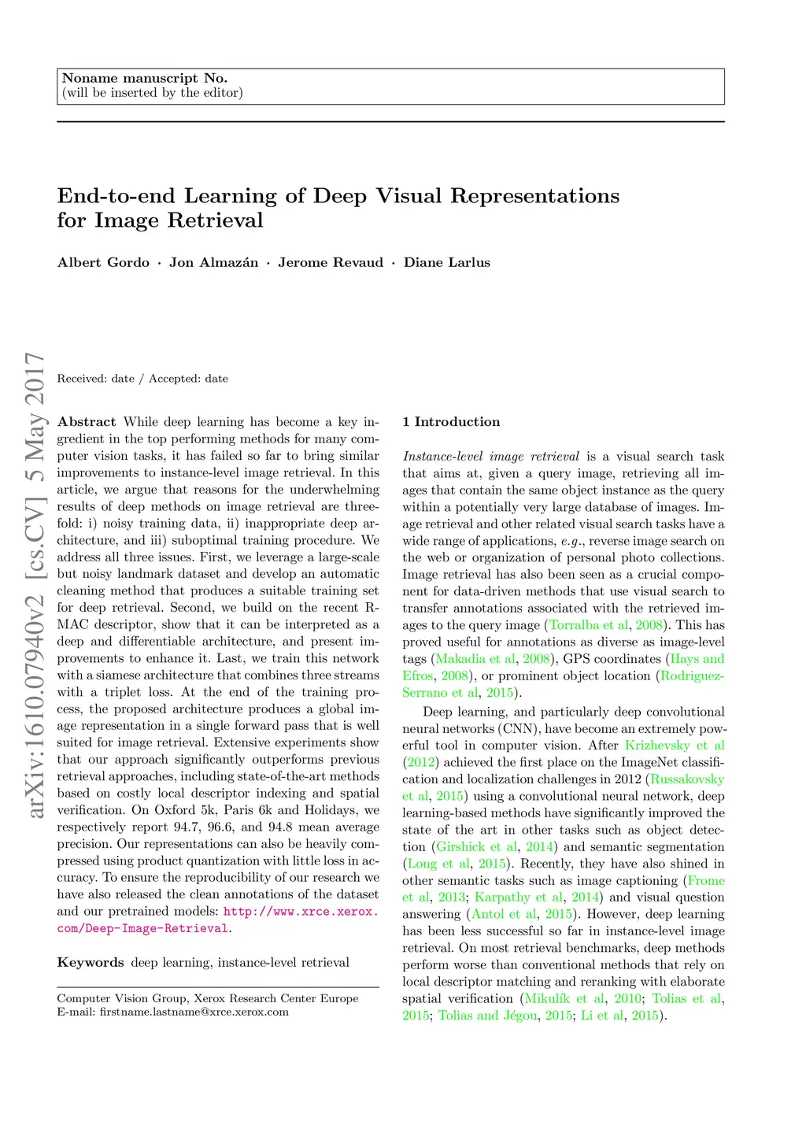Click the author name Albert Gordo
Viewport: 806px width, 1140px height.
pos(103,263)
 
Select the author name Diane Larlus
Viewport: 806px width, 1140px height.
pos(446,263)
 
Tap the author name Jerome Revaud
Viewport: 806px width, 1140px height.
pos(331,263)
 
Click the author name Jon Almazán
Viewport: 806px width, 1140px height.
pos(213,263)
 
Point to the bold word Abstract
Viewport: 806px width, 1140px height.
pos(87,422)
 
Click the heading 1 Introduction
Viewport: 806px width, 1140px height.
pos(451,422)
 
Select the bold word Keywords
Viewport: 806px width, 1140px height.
pos(91,962)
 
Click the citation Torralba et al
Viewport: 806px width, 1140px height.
pos(589,625)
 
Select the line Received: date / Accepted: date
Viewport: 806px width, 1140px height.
pos(142,379)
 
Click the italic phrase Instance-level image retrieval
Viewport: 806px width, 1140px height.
pos(491,457)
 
